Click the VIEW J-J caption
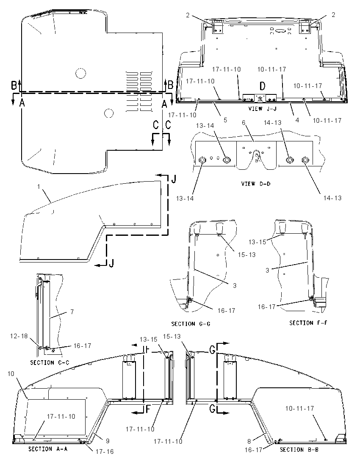pyautogui.click(x=262, y=109)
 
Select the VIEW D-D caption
pyautogui.click(x=256, y=184)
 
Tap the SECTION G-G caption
pyautogui.click(x=191, y=324)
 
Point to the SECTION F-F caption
pyautogui.click(x=308, y=323)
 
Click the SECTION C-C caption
pyautogui.click(x=50, y=362)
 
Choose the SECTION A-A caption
pyautogui.click(x=48, y=449)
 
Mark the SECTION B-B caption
pyautogui.click(x=299, y=450)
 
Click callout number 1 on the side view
pyautogui.click(x=39, y=186)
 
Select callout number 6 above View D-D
pyautogui.click(x=244, y=122)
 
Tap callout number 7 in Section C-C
pyautogui.click(x=72, y=312)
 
